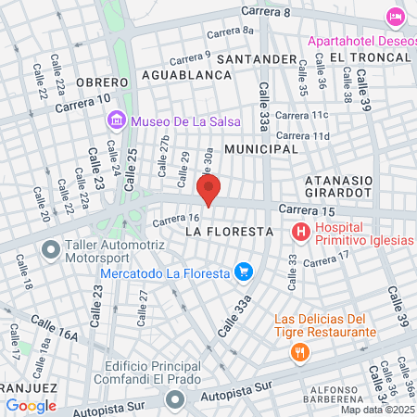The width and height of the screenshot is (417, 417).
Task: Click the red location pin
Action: click(209, 192)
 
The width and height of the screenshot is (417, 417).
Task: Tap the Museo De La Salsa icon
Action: click(116, 120)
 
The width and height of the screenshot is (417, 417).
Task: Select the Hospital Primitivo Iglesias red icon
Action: click(300, 232)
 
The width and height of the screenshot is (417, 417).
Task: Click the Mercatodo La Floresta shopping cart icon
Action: click(244, 272)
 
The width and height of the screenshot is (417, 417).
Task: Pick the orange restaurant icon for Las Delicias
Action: click(299, 351)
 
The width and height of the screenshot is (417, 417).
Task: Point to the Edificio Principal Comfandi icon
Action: click(174, 400)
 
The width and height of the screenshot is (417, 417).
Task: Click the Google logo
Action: click(31, 405)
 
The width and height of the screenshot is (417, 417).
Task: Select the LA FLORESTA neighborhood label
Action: click(228, 230)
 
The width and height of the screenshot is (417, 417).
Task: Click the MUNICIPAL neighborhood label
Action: click(262, 148)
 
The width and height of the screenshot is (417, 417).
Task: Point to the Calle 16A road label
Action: click(53, 333)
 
